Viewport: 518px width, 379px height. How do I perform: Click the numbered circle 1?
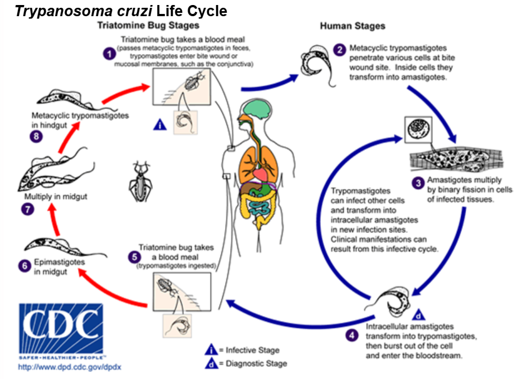109,54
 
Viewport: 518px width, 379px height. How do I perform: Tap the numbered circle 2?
339,50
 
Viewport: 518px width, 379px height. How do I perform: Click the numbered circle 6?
25,265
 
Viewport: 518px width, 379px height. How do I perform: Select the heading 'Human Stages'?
353,26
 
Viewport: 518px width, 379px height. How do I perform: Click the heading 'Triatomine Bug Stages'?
148,26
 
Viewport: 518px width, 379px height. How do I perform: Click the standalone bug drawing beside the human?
140,177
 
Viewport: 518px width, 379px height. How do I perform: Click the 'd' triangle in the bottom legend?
211,363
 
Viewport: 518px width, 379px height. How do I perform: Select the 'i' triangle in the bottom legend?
211,350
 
